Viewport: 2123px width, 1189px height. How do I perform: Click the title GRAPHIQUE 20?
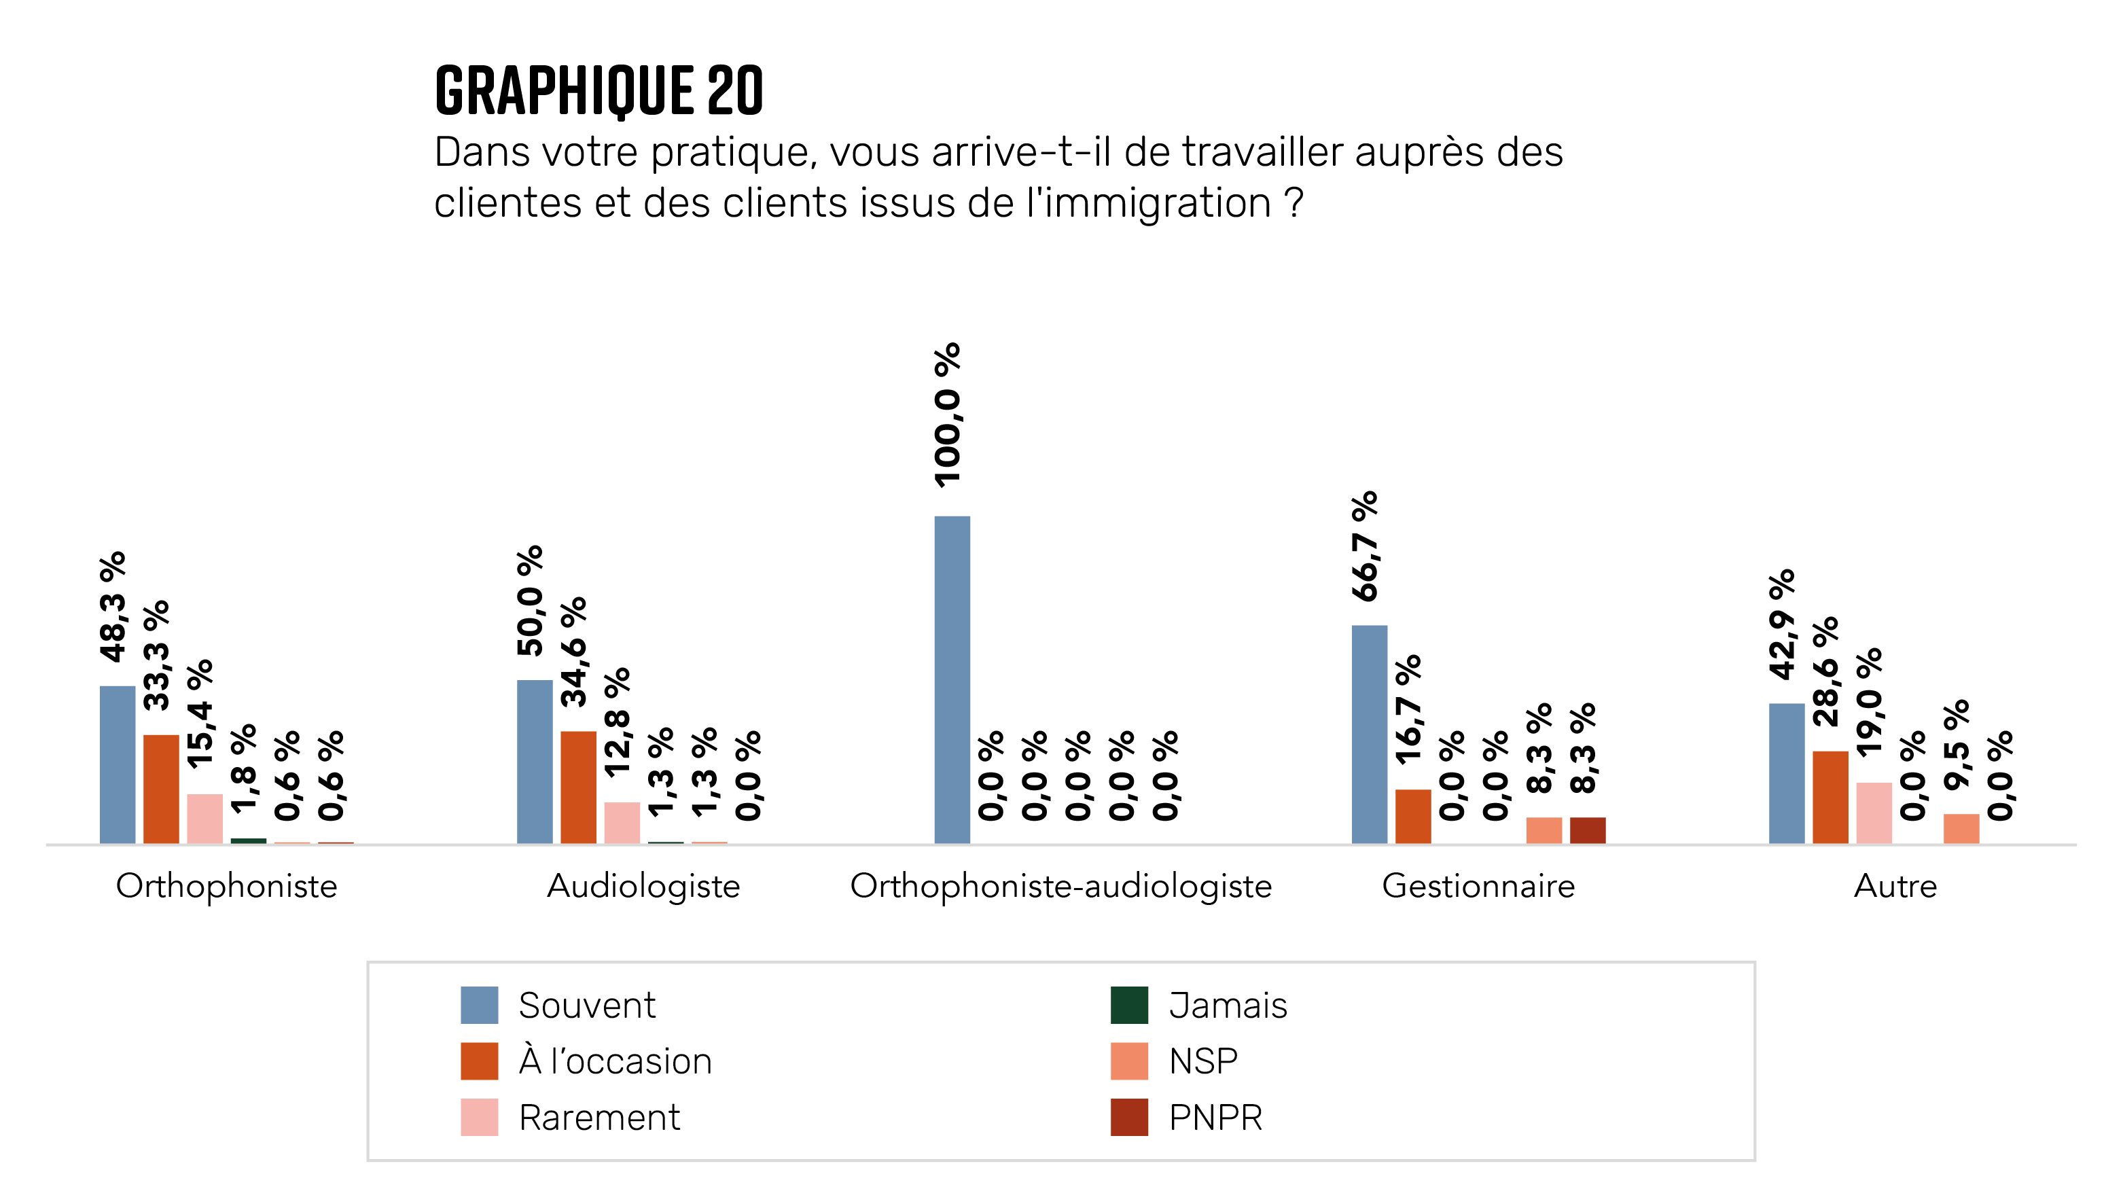click(x=599, y=90)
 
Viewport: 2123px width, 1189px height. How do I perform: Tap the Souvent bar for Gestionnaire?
click(x=1369, y=733)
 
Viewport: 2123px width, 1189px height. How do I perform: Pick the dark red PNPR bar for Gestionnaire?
click(x=1587, y=830)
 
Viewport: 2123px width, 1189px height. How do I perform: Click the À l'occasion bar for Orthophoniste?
click(x=161, y=789)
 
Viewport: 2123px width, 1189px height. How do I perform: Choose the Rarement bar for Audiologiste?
click(x=622, y=822)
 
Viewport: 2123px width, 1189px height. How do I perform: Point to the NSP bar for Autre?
click(x=1961, y=828)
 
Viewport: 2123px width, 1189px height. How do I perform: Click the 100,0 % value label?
click(x=948, y=414)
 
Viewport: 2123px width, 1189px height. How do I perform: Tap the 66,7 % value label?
click(x=1365, y=546)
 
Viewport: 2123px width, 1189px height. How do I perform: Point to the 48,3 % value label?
click(x=113, y=607)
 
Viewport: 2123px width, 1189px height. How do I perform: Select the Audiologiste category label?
click(x=643, y=887)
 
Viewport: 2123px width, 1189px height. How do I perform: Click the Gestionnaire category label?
click(x=1478, y=887)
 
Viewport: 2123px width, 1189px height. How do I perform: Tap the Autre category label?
click(x=1895, y=887)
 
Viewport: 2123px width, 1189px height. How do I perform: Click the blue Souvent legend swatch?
click(x=479, y=1006)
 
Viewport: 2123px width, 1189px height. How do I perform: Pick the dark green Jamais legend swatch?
click(x=1129, y=1006)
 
